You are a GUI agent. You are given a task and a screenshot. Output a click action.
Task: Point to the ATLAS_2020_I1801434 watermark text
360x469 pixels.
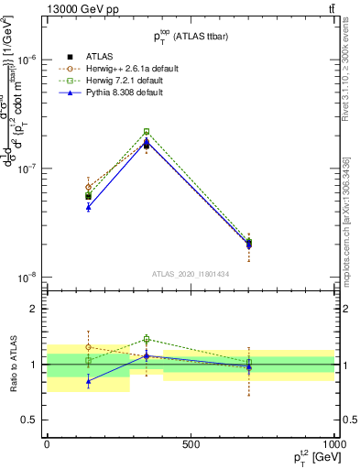tap(191, 274)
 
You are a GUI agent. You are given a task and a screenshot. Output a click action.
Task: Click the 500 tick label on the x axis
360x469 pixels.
tap(191, 444)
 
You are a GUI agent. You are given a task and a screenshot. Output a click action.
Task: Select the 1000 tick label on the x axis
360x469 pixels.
tap(333, 444)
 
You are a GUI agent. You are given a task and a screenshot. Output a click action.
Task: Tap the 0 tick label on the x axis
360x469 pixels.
tap(47, 444)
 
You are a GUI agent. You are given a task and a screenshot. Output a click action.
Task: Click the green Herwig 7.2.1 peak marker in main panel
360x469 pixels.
tap(147, 132)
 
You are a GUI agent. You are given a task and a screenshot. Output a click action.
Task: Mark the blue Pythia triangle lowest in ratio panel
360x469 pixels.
tap(88, 381)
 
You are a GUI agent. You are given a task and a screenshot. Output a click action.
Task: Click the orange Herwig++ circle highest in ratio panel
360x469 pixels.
tap(88, 347)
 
